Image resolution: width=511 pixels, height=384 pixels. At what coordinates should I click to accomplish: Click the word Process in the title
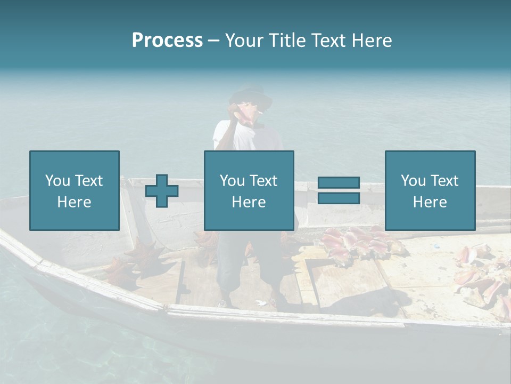pyautogui.click(x=167, y=41)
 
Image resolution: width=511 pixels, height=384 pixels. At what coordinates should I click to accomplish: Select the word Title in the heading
pyautogui.click(x=286, y=41)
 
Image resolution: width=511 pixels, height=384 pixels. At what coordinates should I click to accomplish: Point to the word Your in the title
pyautogui.click(x=244, y=41)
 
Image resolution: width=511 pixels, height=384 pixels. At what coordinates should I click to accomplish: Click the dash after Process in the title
pyautogui.click(x=213, y=41)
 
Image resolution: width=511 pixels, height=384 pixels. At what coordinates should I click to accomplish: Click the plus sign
pyautogui.click(x=162, y=190)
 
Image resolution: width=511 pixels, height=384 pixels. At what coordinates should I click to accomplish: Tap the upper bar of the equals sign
pyautogui.click(x=339, y=183)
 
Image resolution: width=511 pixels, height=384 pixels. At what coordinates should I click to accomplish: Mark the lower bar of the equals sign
pyautogui.click(x=339, y=198)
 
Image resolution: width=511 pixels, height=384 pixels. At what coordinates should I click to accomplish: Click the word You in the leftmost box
pyautogui.click(x=57, y=181)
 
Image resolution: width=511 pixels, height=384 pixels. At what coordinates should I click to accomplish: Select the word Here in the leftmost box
pyautogui.click(x=74, y=202)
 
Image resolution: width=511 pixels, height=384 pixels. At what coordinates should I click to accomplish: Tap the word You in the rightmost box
pyautogui.click(x=413, y=181)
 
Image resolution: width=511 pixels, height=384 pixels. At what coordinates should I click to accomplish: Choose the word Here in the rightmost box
pyautogui.click(x=430, y=202)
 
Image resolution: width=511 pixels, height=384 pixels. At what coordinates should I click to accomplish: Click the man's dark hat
pyautogui.click(x=250, y=95)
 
